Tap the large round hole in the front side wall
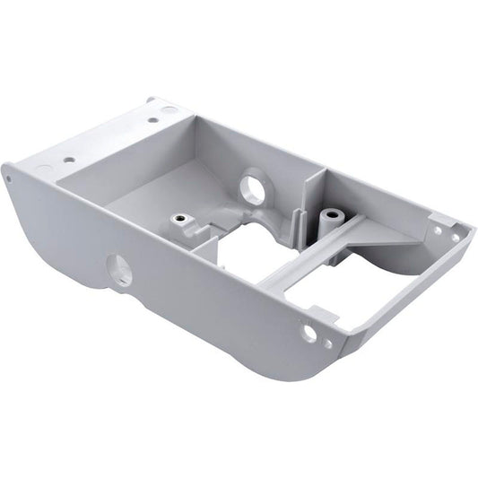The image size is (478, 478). click(119, 269)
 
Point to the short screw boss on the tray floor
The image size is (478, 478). click(180, 220)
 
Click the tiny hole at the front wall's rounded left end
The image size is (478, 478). click(9, 178)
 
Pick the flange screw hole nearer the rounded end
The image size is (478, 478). click(69, 160)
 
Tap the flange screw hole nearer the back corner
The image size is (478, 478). click(153, 119)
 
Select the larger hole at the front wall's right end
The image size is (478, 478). click(309, 333)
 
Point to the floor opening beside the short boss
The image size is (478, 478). click(247, 247)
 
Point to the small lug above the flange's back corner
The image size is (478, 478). click(152, 101)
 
